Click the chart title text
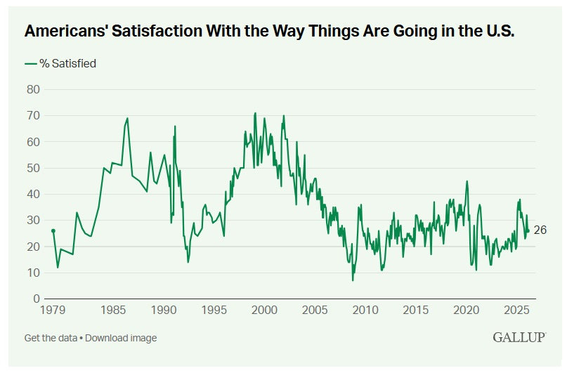(x=270, y=32)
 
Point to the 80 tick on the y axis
(x=32, y=89)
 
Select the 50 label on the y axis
(x=32, y=168)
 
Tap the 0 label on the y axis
(x=36, y=299)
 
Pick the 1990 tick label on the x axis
(x=163, y=310)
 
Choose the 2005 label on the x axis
(x=315, y=310)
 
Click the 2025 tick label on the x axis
(x=516, y=310)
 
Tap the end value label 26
(x=540, y=230)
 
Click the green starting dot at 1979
(x=53, y=230)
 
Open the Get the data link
(x=50, y=338)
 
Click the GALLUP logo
(x=520, y=337)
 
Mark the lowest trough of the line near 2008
(x=353, y=280)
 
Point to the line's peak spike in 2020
(x=467, y=181)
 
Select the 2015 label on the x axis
(x=416, y=310)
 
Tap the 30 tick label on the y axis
(x=32, y=221)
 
